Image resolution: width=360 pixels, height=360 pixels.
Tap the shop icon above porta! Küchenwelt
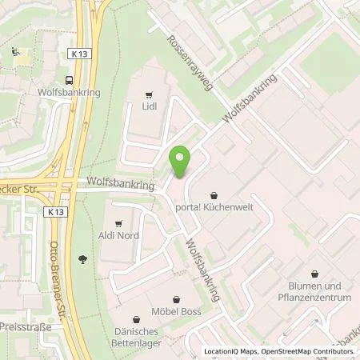(214, 194)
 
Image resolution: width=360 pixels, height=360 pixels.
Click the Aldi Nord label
(118, 238)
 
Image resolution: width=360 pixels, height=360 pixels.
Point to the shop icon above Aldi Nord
(118, 224)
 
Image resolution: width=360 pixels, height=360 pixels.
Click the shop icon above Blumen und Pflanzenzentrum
(314, 272)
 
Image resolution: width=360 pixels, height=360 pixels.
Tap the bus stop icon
(68, 79)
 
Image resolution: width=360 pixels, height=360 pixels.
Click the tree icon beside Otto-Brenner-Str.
(82, 258)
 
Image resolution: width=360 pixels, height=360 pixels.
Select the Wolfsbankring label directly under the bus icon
(67, 92)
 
